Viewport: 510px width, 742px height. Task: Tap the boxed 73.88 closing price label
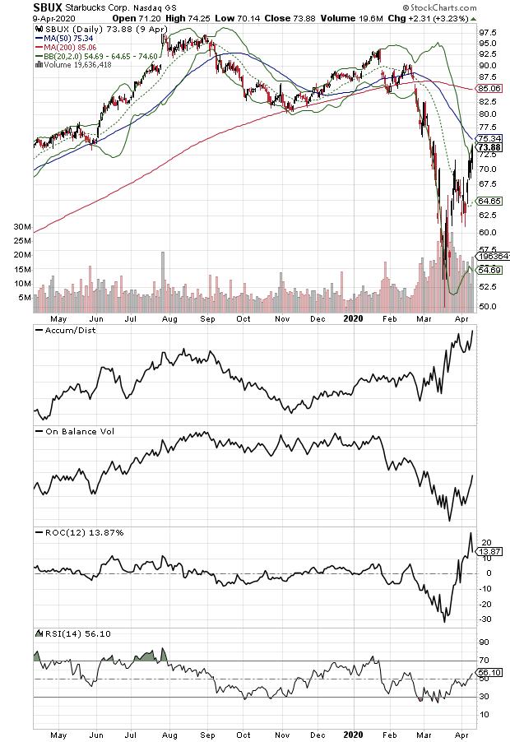coord(490,148)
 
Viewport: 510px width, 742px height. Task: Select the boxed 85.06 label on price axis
coord(491,87)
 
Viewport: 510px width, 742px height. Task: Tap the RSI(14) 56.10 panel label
coord(73,633)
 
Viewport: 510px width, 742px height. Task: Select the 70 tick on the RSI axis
coord(485,661)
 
